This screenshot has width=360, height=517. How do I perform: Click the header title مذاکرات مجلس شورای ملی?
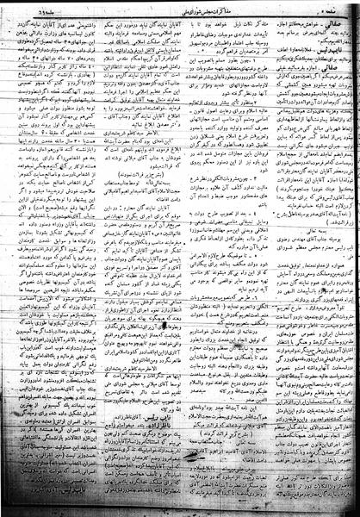[180, 10]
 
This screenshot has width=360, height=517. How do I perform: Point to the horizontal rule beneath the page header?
[180, 17]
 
